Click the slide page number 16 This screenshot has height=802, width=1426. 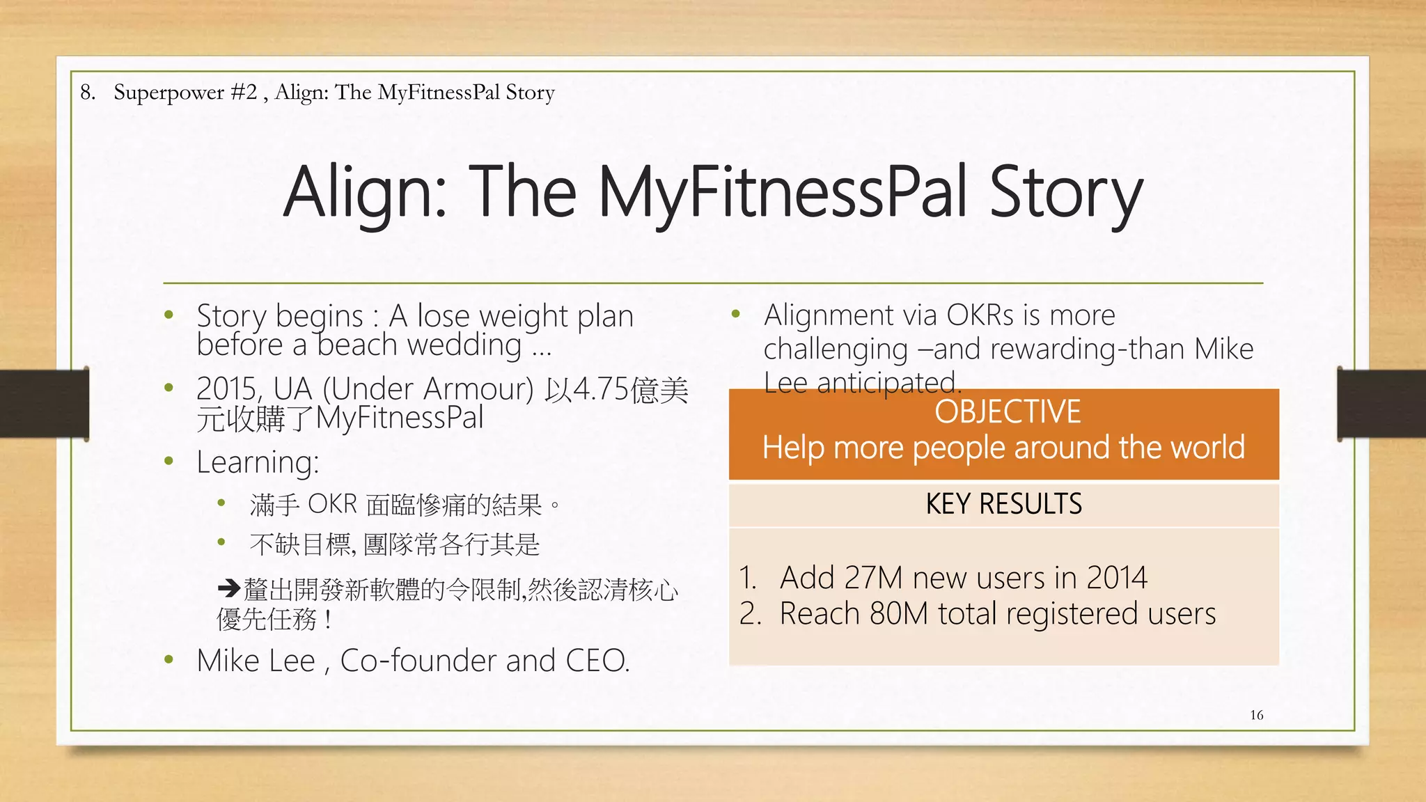coord(1256,715)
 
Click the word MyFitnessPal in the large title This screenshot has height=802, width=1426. coord(783,191)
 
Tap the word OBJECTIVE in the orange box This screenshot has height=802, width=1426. coord(1007,411)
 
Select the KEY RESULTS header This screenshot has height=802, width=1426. coord(1003,503)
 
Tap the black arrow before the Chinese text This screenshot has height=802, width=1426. coord(229,589)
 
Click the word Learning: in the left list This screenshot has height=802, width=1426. coord(258,462)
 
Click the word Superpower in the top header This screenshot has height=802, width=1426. coord(169,93)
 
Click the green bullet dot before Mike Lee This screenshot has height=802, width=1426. coord(169,659)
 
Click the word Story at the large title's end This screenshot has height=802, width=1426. coord(1065,191)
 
